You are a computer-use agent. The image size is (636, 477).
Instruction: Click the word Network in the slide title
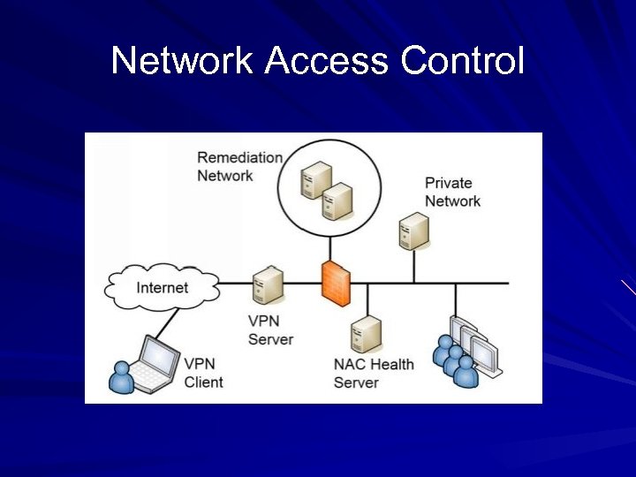point(182,61)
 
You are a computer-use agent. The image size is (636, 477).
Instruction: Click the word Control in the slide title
point(462,61)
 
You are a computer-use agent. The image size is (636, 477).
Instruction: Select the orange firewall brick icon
point(336,284)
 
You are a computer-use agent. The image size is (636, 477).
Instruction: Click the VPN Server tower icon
point(268,286)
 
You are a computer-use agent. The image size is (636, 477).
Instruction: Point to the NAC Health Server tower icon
point(366,334)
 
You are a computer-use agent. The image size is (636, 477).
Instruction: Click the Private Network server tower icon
point(413,231)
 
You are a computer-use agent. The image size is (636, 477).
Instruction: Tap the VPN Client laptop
point(156,362)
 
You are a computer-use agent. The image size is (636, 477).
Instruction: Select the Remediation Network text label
point(239,166)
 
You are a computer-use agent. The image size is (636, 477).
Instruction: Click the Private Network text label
point(452,192)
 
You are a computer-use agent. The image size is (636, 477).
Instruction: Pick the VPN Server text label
point(270,330)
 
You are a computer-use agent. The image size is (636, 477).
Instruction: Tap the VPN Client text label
point(203,373)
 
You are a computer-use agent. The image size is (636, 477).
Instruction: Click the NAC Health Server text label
point(373,374)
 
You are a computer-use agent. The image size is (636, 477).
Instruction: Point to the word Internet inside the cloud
point(163,287)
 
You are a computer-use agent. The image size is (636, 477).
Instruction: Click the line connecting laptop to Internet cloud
point(176,319)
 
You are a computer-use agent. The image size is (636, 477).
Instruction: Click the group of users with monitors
point(466,352)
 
